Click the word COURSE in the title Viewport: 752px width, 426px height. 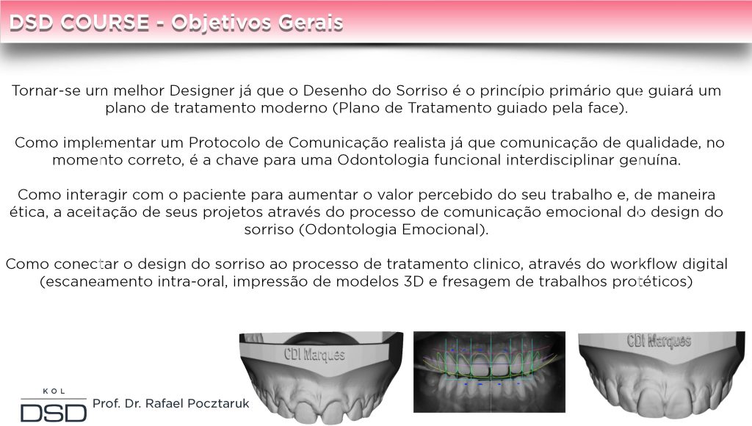(x=105, y=23)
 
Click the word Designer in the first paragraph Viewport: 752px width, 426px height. (x=202, y=91)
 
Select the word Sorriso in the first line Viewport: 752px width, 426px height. (x=415, y=90)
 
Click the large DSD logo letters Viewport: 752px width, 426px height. (x=54, y=413)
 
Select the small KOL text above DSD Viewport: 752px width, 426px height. (x=54, y=391)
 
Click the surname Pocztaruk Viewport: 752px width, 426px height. (x=217, y=403)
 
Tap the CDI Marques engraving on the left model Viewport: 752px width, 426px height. (x=314, y=354)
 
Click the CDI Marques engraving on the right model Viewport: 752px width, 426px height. (x=659, y=341)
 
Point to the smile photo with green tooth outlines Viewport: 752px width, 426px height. (x=489, y=372)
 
